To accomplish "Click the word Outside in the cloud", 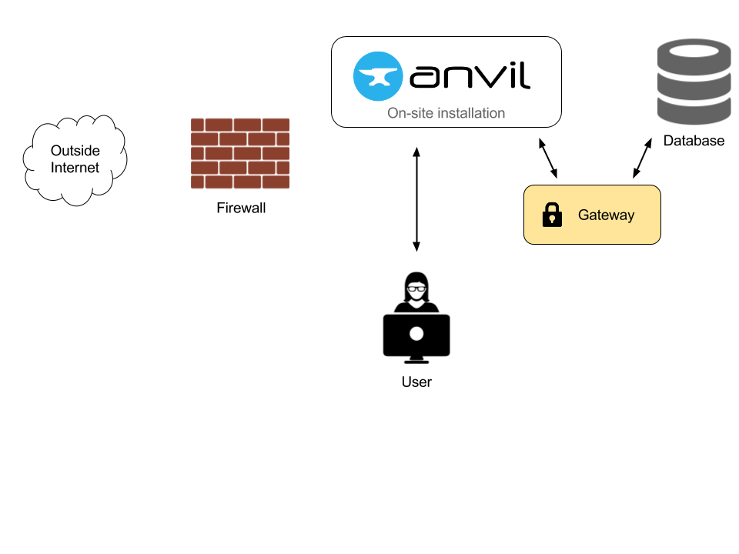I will pos(75,151).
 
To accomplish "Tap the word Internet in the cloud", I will pos(75,168).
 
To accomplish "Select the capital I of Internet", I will pos(53,168).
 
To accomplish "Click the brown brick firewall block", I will pos(240,153).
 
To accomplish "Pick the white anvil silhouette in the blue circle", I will pos(377,76).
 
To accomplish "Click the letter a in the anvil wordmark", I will pos(424,77).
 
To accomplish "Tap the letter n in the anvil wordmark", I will pos(457,77).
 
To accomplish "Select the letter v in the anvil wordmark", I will pos(488,77).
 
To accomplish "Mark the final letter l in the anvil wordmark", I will pos(526,75).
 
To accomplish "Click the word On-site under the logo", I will pos(408,113).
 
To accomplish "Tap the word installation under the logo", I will pos(470,113).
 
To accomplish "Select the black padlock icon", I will pos(552,215).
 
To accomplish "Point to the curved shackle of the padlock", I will pos(552,207).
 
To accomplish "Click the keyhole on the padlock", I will pos(552,219).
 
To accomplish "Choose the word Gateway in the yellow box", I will pos(606,215).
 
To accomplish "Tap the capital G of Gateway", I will pos(584,215).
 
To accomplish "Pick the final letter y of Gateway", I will pos(630,217).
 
